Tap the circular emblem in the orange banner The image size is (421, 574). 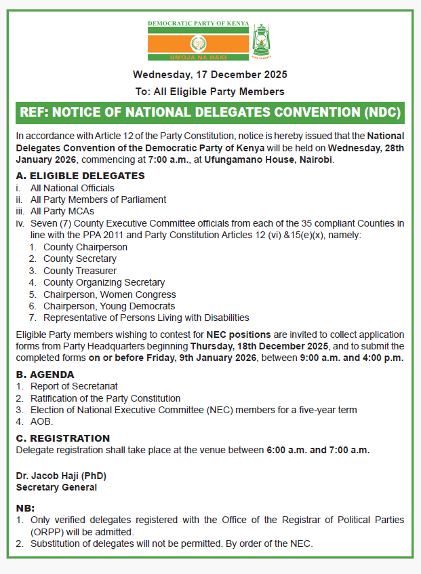pyautogui.click(x=199, y=46)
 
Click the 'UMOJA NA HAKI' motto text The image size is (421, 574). pyautogui.click(x=199, y=59)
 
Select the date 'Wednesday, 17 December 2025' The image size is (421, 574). pyautogui.click(x=210, y=75)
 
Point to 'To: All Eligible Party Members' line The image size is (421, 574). pyautogui.click(x=209, y=91)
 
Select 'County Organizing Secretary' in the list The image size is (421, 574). pyautogui.click(x=104, y=282)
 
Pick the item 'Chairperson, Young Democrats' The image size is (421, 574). pyautogui.click(x=108, y=306)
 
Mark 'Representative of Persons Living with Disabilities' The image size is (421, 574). pyautogui.click(x=146, y=318)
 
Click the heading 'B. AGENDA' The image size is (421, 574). pyautogui.click(x=45, y=374)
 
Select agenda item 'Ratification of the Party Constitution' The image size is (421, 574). pyautogui.click(x=105, y=398)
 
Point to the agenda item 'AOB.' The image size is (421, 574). pyautogui.click(x=41, y=421)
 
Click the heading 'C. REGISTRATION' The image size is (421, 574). pyautogui.click(x=63, y=438)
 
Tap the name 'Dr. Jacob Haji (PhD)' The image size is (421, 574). pyautogui.click(x=61, y=476)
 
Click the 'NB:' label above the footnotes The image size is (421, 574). pyautogui.click(x=25, y=508)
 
